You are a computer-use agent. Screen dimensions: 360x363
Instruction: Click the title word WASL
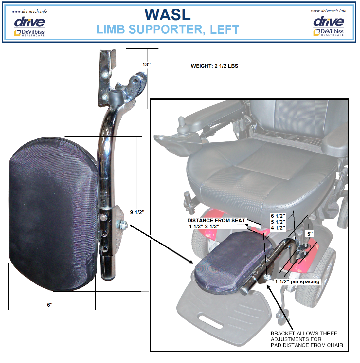pyautogui.click(x=167, y=15)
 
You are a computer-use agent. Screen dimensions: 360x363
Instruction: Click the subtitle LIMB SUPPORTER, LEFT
pyautogui.click(x=168, y=29)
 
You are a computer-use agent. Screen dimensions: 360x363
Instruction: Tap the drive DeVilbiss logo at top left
pyautogui.click(x=29, y=26)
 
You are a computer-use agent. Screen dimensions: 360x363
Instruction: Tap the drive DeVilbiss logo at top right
pyautogui.click(x=329, y=26)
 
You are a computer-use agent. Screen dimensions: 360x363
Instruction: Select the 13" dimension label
pyautogui.click(x=146, y=64)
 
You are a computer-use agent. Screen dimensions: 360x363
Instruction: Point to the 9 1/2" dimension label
pyautogui.click(x=137, y=212)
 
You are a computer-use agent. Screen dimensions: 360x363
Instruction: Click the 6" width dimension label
pyautogui.click(x=50, y=305)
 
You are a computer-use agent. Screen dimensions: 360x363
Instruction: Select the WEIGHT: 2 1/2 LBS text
pyautogui.click(x=214, y=66)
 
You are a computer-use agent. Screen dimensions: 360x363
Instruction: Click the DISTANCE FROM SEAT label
pyautogui.click(x=216, y=220)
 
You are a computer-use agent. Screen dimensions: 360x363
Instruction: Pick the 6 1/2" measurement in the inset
pyautogui.click(x=278, y=216)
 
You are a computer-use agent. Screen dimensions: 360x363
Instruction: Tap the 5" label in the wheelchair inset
pyautogui.click(x=310, y=234)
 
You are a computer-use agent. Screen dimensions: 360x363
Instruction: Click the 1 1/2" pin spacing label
pyautogui.click(x=297, y=281)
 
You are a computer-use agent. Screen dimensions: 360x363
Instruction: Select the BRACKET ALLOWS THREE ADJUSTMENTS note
pyautogui.click(x=307, y=339)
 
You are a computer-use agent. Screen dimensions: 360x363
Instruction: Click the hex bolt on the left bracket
pyautogui.click(x=121, y=224)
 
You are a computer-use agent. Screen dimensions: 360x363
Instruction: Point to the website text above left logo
pyautogui.click(x=29, y=11)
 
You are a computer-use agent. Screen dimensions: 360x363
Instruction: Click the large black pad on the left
pyautogui.click(x=53, y=214)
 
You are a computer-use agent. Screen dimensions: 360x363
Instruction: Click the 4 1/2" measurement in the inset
pyautogui.click(x=278, y=228)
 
